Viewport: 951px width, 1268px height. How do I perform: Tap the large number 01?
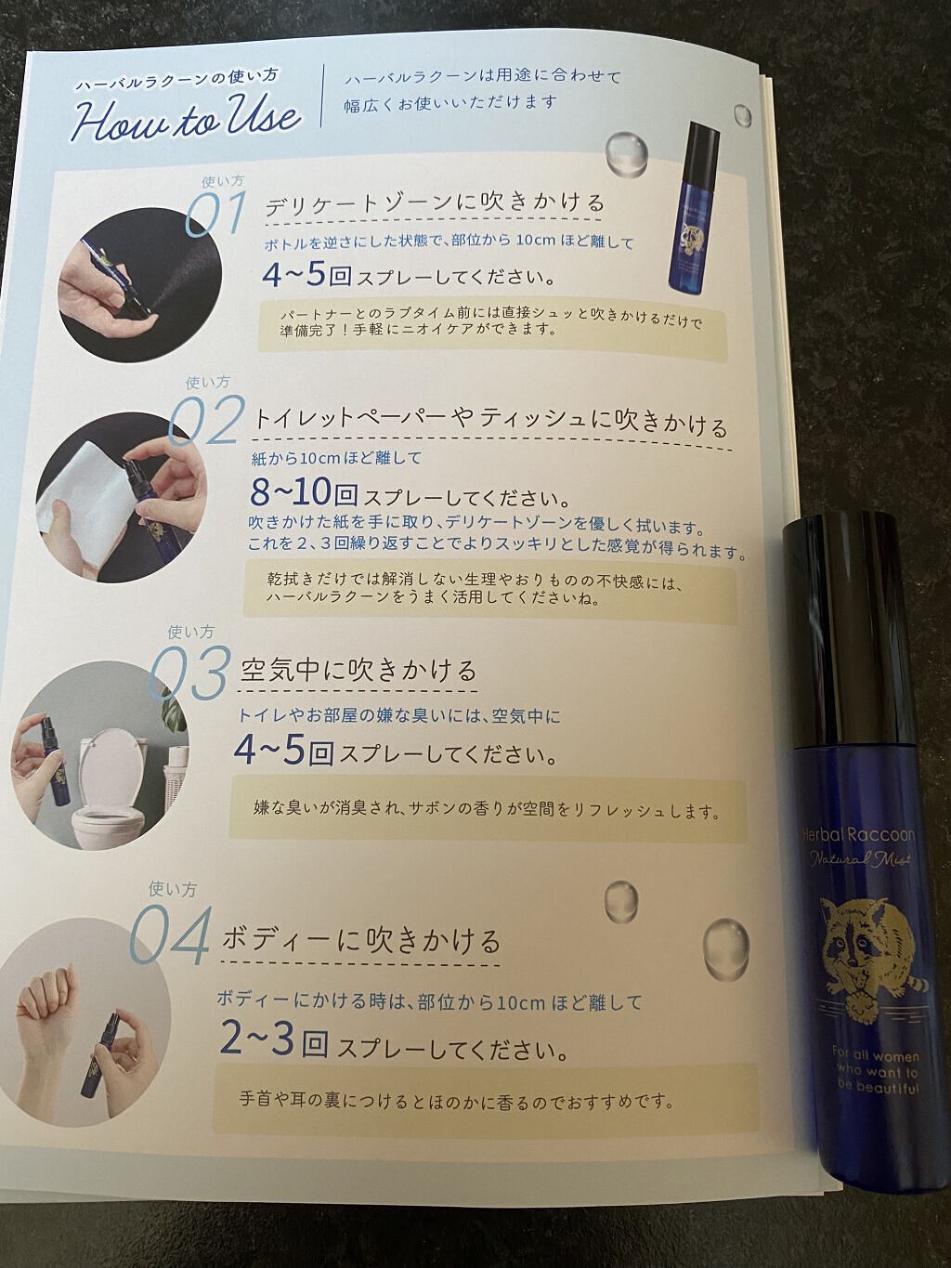point(215,213)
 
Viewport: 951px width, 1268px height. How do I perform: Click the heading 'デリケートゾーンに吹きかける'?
point(435,203)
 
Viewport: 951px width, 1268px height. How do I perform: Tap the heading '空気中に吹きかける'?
point(358,671)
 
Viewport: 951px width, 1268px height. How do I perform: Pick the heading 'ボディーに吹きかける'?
point(361,940)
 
